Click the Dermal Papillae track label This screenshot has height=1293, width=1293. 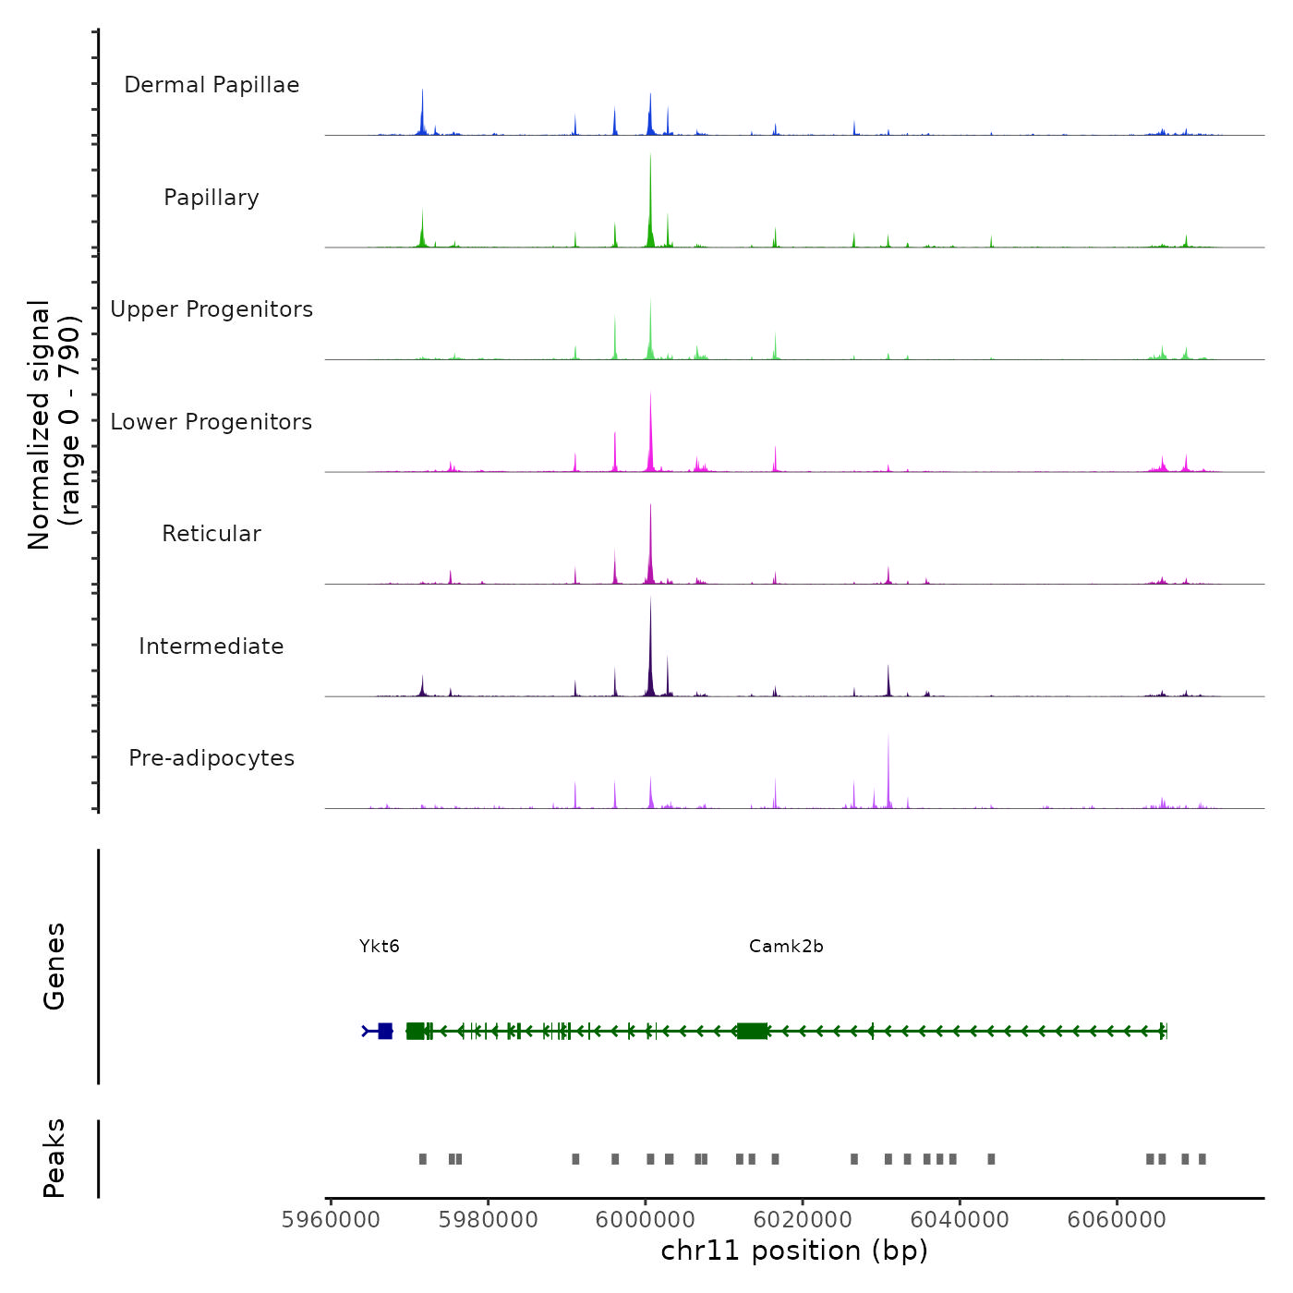pyautogui.click(x=211, y=85)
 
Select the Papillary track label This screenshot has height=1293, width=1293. pyautogui.click(x=211, y=198)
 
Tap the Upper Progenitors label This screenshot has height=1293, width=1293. pyautogui.click(x=211, y=309)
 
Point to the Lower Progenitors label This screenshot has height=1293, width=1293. pyautogui.click(x=211, y=422)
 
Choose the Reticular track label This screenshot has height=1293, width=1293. pyautogui.click(x=211, y=534)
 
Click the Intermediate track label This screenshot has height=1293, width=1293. pyautogui.click(x=211, y=646)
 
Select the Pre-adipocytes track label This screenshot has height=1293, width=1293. pyautogui.click(x=211, y=758)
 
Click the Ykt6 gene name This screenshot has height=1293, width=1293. pyautogui.click(x=380, y=946)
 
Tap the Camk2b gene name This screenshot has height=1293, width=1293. pyautogui.click(x=786, y=946)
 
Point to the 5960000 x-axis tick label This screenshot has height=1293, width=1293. pyautogui.click(x=331, y=1220)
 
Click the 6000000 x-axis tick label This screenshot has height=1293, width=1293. pyautogui.click(x=646, y=1220)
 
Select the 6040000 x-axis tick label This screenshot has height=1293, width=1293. pyautogui.click(x=960, y=1220)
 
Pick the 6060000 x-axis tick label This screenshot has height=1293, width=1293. pyautogui.click(x=1117, y=1220)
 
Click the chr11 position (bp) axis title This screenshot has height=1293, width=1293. pyautogui.click(x=794, y=1251)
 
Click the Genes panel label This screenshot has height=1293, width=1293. pyautogui.click(x=54, y=966)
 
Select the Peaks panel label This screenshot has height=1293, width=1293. pyautogui.click(x=54, y=1158)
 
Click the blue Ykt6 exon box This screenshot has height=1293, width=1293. pyautogui.click(x=385, y=1031)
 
